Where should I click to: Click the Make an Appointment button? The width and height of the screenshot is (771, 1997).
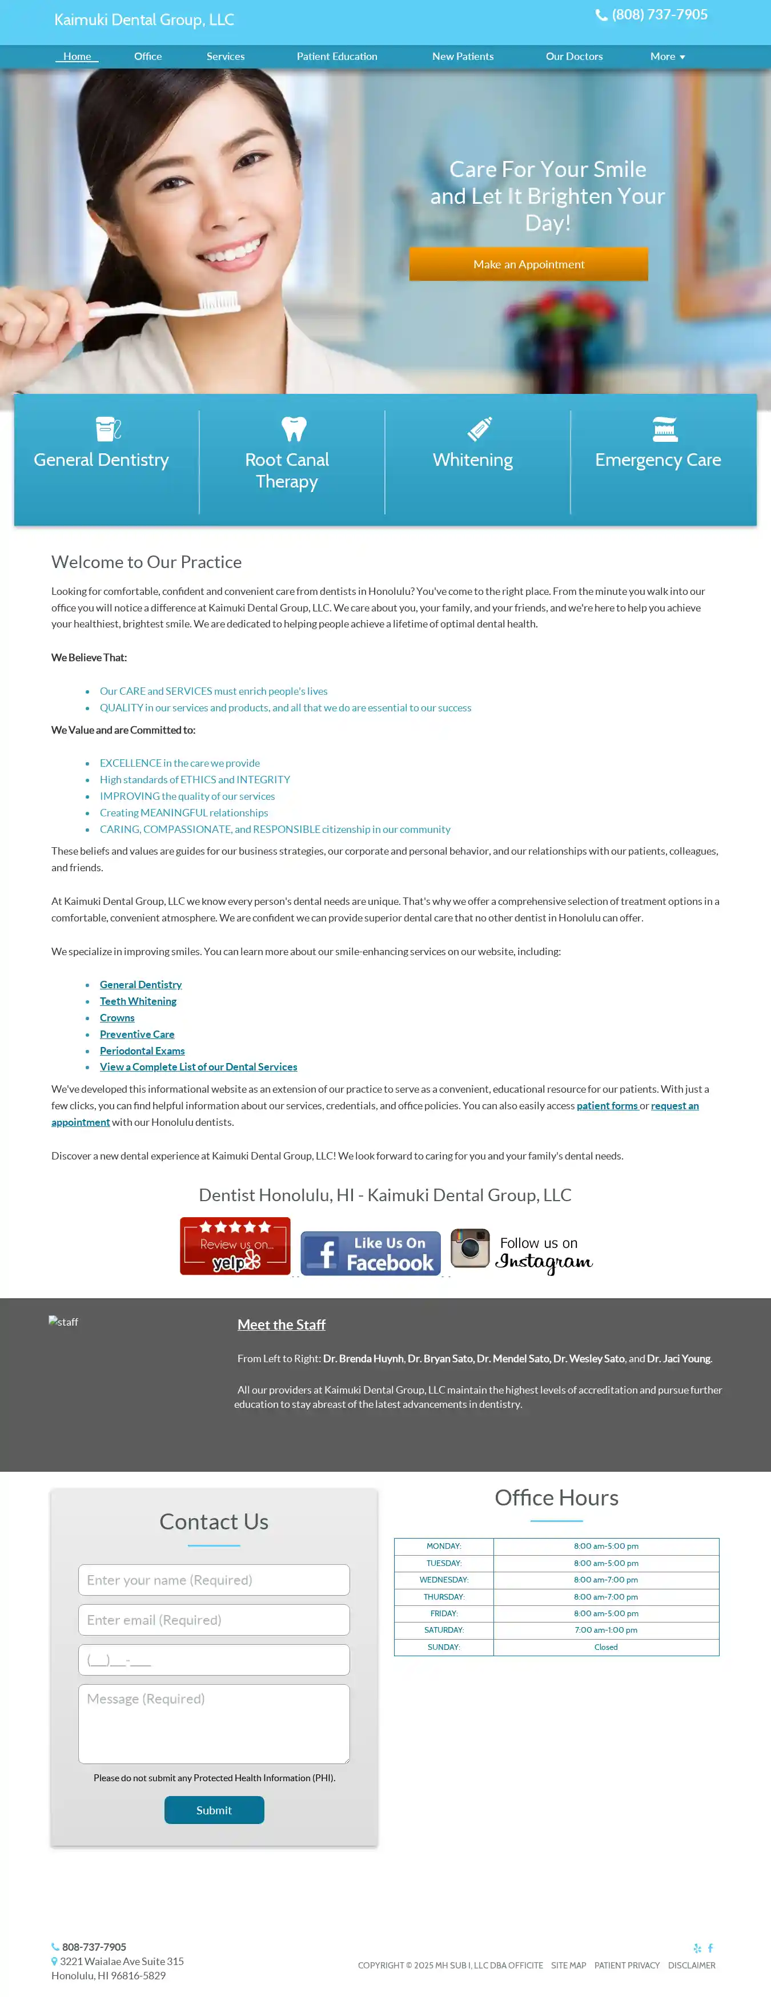[x=528, y=264]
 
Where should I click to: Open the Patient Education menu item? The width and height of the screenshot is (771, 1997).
[x=336, y=57]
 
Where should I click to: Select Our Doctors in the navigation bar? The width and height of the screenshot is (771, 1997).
[x=574, y=57]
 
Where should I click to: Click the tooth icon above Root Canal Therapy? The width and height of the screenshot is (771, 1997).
[x=294, y=429]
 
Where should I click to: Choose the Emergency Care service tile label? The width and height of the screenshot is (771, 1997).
[x=658, y=460]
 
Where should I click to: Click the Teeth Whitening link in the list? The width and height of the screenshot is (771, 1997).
[x=138, y=1001]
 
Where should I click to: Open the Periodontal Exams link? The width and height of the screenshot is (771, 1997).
[x=142, y=1050]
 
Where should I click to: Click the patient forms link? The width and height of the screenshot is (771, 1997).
[x=607, y=1105]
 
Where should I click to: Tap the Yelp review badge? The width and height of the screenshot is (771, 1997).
[x=235, y=1245]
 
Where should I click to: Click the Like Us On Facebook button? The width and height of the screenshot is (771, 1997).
[x=370, y=1252]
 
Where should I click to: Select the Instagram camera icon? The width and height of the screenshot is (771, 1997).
[x=470, y=1247]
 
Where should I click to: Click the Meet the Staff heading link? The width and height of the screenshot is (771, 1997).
[x=281, y=1324]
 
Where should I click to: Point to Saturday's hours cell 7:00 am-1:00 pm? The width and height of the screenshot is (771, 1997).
[x=606, y=1629]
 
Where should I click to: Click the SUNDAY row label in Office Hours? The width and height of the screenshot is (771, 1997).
[x=444, y=1646]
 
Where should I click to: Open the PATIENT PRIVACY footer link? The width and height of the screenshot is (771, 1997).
[x=627, y=1965]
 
